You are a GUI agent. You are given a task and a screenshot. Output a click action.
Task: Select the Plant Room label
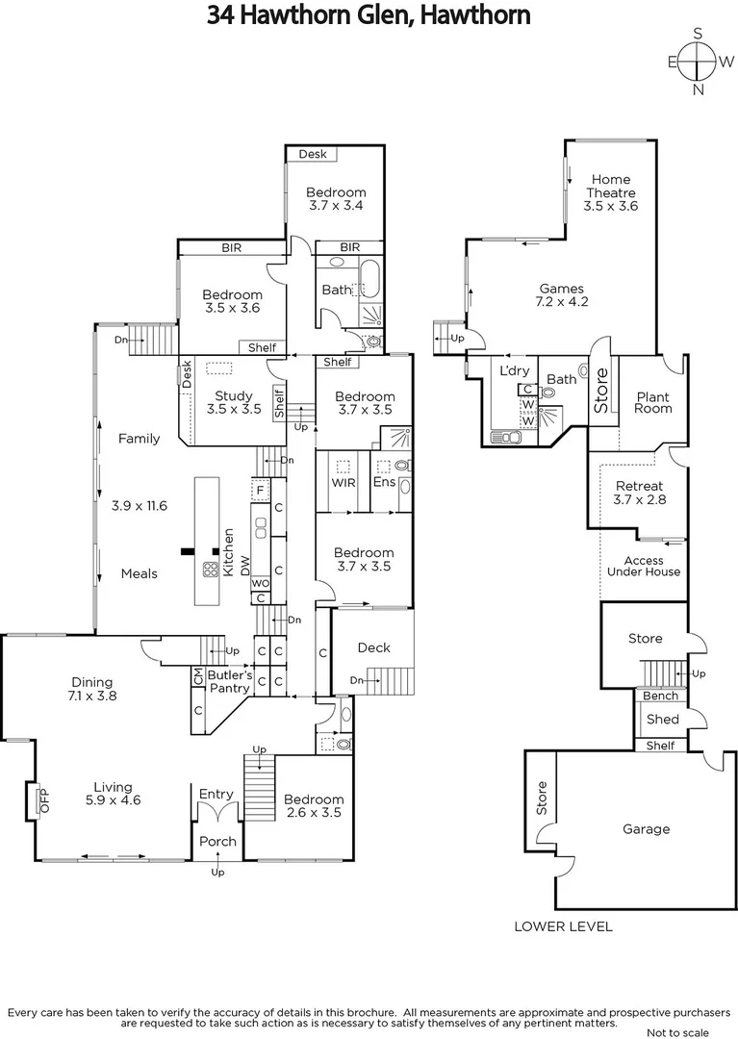tap(653, 402)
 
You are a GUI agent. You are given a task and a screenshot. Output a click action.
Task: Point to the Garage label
tap(646, 829)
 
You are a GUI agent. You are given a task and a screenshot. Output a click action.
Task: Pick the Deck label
tap(373, 647)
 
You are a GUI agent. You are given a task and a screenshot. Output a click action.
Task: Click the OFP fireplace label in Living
tap(42, 800)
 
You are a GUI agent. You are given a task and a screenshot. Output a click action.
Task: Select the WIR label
tap(344, 480)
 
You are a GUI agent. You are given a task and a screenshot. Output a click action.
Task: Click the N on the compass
tap(700, 90)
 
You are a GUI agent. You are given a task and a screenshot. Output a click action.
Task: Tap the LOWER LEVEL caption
tap(563, 926)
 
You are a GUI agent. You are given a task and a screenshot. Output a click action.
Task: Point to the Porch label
tap(217, 842)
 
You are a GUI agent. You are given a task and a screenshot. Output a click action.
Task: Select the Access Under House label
tap(651, 567)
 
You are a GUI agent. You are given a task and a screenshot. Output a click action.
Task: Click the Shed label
tap(663, 720)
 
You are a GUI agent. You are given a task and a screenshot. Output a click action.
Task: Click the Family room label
tap(139, 439)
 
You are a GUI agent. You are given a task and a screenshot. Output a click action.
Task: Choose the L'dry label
tap(510, 370)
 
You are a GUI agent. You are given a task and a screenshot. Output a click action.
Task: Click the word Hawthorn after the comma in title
tap(474, 16)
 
